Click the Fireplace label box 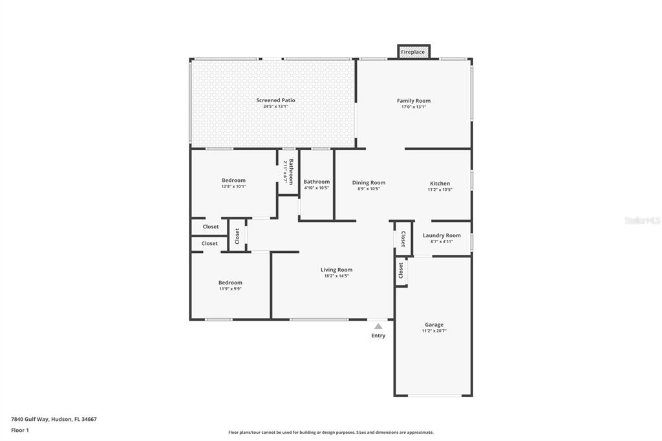[413, 52]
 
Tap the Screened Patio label [275, 100]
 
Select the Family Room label [413, 101]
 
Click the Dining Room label [368, 183]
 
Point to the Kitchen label [440, 184]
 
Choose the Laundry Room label [442, 235]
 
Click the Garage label [434, 325]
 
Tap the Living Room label [336, 270]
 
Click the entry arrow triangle [378, 327]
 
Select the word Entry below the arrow [378, 336]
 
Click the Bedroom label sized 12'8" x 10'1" [233, 180]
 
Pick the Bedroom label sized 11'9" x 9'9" [230, 283]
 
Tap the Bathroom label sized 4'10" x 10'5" [316, 182]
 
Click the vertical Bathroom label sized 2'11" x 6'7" [291, 172]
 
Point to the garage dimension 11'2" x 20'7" [434, 331]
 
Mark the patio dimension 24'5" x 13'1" [275, 107]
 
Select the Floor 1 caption [20, 430]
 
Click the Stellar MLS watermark [642, 220]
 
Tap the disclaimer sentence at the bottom [330, 433]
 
